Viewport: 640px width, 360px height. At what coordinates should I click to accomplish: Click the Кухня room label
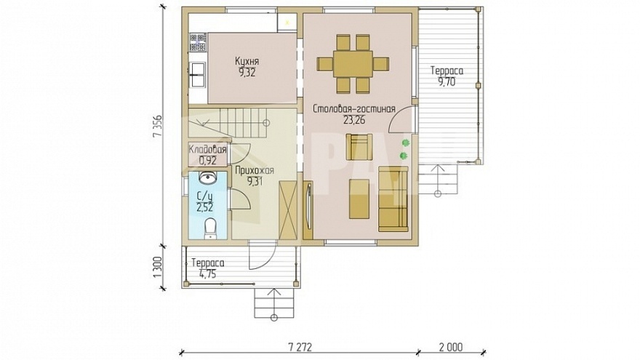247,61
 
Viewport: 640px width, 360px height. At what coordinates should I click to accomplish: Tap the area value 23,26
354,120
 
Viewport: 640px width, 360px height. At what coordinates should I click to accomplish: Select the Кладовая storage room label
207,150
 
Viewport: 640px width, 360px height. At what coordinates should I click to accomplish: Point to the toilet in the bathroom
210,228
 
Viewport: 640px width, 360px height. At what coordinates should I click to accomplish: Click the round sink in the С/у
208,177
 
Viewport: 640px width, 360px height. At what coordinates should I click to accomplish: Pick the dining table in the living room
353,64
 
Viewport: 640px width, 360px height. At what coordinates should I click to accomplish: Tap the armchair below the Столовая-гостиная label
359,147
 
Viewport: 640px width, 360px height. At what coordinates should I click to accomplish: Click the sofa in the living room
393,199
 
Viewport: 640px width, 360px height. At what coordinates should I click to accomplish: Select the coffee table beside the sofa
359,199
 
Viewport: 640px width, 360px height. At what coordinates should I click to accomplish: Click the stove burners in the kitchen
199,43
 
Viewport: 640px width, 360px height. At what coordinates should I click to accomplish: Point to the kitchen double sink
198,75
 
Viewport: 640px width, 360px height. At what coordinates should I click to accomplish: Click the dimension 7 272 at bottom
300,347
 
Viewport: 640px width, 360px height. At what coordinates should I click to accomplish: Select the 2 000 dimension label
451,347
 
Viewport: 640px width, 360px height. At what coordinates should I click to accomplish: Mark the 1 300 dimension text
158,268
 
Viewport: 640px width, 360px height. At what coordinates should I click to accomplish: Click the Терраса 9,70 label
447,76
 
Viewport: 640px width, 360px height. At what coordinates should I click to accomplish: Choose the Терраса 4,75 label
208,268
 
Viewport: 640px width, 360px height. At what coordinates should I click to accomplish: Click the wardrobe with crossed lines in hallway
288,211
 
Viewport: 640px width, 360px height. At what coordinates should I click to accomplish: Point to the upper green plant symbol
405,143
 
